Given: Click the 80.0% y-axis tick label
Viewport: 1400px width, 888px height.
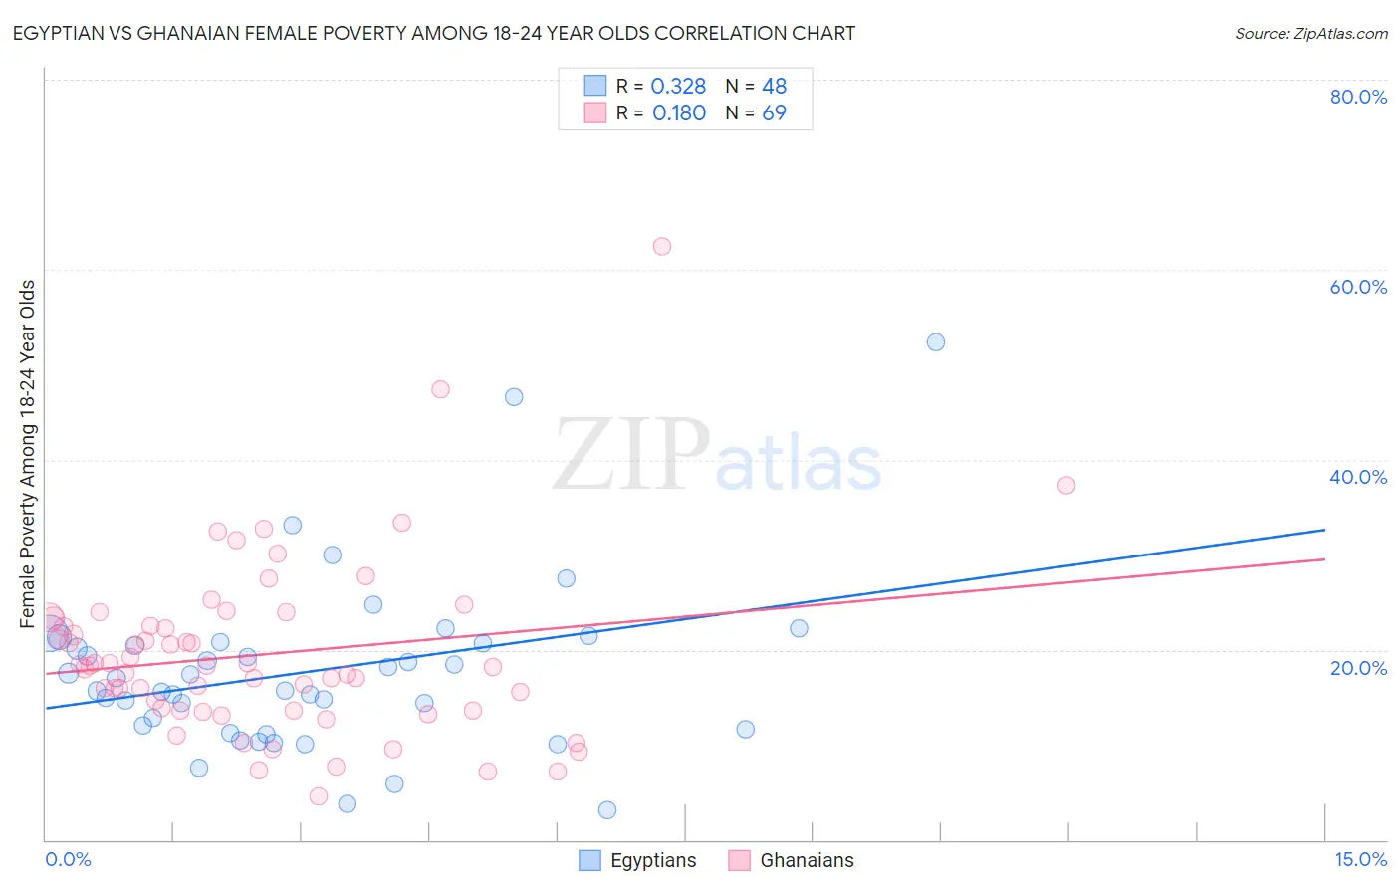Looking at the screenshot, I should pos(1358,97).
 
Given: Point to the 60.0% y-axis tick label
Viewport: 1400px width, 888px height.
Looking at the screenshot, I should pos(1358,287).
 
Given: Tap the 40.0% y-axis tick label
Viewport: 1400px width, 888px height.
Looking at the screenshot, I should pos(1358,477).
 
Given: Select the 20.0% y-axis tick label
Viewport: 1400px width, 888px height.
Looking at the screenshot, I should pos(1358,668).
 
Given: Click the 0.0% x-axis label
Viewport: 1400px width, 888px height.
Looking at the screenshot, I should pos(68,859).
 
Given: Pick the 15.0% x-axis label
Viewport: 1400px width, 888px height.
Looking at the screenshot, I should pos(1360,859).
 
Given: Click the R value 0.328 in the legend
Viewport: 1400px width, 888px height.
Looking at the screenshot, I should pos(678,87).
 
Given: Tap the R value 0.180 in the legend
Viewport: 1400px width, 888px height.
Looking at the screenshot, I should pos(679,113).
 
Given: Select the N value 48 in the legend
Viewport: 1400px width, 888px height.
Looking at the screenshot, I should pos(774,87).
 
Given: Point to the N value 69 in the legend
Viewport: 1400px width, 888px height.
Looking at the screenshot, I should pos(774,113).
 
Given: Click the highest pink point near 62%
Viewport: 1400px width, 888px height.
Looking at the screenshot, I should pos(662,246).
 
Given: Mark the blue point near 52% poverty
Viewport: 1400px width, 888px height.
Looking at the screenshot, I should pos(936,342).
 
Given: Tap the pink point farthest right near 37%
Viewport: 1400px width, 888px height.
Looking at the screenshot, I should pos(1066,485).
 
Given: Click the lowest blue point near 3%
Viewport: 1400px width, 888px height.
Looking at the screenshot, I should pos(607,810).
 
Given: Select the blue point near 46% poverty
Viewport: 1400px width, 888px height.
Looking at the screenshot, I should pos(514,397).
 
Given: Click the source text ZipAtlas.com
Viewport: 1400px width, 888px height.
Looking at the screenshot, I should pos(1311,34).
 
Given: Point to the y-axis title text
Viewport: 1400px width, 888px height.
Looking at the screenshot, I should pos(28,454).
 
